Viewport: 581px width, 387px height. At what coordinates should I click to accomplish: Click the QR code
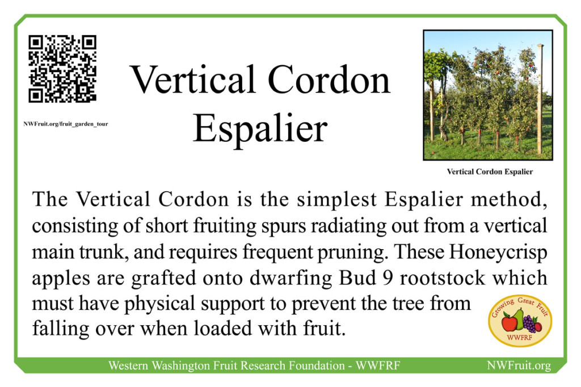coord(62,69)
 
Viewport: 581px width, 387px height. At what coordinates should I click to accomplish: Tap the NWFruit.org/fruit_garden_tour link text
coord(66,123)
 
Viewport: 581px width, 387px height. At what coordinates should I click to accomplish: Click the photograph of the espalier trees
coord(487,95)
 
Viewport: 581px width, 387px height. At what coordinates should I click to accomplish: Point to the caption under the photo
coord(489,171)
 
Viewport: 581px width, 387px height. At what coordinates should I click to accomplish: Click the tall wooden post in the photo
coord(540,99)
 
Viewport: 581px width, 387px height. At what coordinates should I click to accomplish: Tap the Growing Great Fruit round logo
coord(520,321)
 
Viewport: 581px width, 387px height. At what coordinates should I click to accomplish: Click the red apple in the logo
coord(509,323)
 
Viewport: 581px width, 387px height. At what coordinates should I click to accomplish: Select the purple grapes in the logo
coord(528,323)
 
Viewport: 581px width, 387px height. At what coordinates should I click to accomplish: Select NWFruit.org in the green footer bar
coord(519,365)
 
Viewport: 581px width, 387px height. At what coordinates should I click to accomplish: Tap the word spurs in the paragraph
coord(213,225)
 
